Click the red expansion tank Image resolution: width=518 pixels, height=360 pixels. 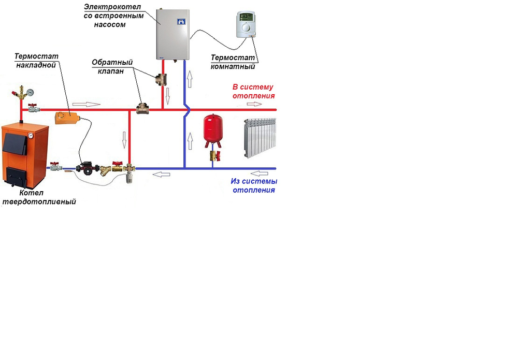212,129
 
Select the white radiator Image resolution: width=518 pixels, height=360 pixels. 260,136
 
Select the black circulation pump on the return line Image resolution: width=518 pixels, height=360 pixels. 86,168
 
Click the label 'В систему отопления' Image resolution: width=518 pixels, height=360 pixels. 253,92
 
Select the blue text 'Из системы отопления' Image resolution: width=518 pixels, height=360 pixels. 254,186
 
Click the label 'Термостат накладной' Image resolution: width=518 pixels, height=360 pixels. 36,60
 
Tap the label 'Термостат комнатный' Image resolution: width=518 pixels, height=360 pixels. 233,62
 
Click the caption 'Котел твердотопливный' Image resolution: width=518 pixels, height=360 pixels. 38,198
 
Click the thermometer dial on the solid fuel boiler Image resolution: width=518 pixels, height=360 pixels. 31,136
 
